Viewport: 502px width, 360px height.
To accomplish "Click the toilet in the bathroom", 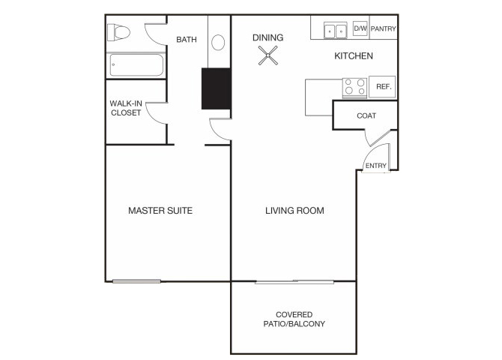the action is pos(118,32).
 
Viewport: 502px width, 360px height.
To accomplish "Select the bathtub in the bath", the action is pos(136,65).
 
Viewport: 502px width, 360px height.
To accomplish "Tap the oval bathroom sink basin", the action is pos(218,42).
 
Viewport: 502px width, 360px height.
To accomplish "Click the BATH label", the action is pos(187,40).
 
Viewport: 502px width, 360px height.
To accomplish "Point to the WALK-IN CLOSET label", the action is pos(126,108).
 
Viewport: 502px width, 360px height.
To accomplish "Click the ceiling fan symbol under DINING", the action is pos(268,55).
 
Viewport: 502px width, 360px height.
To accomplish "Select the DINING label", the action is pos(268,37).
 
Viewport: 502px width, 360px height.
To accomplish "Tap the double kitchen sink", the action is pos(335,31).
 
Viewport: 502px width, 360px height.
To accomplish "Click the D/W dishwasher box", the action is pos(360,28).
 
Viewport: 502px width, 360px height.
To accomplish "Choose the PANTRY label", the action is pos(383,28).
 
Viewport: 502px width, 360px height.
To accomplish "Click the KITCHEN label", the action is pos(354,56).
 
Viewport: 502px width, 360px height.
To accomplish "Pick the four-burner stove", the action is pos(354,87).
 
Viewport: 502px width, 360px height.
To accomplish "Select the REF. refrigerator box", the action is pos(382,86).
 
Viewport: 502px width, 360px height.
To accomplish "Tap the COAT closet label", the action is pos(366,115).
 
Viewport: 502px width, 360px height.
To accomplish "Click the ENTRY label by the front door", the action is pos(376,166).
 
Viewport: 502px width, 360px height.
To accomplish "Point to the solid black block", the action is pos(216,88).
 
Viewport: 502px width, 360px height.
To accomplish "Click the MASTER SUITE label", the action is pos(160,211).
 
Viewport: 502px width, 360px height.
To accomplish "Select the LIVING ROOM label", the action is pos(294,211).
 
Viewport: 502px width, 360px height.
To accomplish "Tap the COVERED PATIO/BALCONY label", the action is pos(294,319).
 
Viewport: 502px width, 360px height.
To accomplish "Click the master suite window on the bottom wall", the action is pos(136,281).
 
